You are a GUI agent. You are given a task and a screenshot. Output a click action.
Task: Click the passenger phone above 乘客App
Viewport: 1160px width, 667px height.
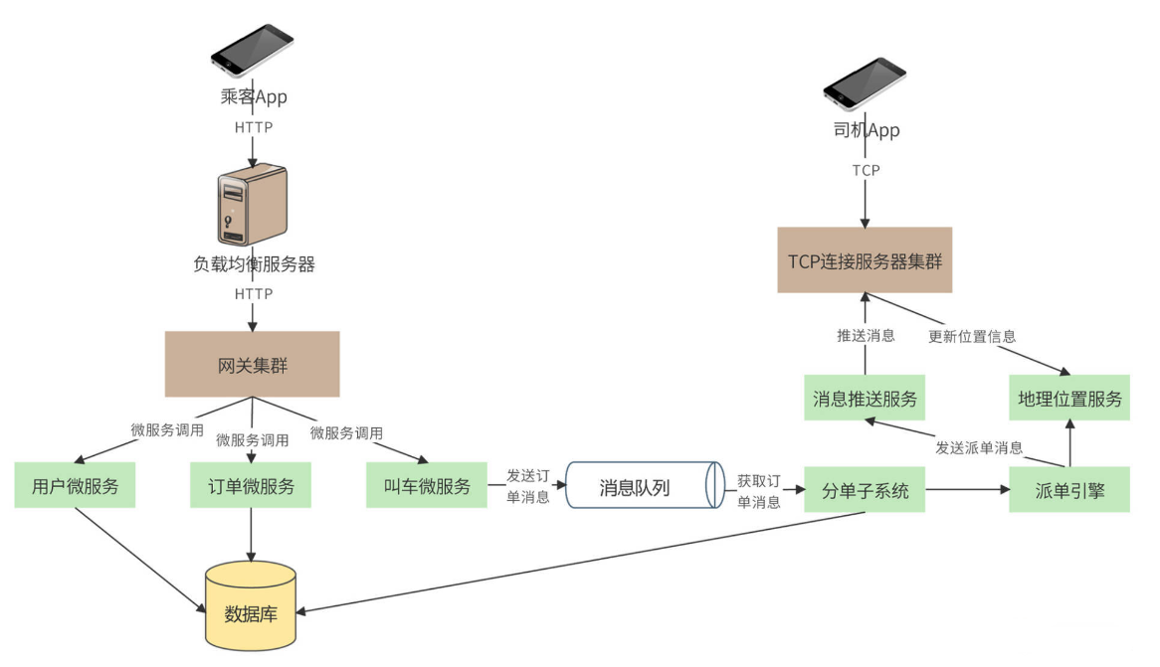point(253,49)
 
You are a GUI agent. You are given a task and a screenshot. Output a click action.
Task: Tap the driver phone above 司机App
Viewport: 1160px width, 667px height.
point(865,82)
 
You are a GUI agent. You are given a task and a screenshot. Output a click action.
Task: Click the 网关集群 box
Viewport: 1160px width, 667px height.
point(252,364)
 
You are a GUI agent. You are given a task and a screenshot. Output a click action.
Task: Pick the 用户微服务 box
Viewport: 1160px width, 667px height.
point(75,486)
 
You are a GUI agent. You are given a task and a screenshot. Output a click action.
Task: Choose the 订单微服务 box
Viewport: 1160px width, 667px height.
point(251,486)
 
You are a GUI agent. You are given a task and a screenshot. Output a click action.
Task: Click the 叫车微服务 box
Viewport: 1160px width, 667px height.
point(426,486)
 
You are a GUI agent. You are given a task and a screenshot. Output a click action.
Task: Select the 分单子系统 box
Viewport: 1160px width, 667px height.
point(865,489)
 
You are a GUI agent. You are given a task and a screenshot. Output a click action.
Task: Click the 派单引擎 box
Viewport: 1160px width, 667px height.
point(1069,489)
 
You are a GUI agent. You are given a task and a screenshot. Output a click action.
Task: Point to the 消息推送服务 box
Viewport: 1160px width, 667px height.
point(865,399)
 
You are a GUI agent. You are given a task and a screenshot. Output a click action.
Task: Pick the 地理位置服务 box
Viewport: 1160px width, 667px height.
point(1069,399)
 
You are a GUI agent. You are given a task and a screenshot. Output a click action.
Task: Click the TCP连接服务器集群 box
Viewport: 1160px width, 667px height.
point(865,260)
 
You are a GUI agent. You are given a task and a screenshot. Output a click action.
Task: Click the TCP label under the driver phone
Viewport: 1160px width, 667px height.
point(866,170)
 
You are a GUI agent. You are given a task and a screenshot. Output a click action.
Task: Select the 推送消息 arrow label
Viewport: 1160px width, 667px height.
point(865,335)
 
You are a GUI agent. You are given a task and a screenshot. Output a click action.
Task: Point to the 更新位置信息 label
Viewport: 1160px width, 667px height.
point(972,336)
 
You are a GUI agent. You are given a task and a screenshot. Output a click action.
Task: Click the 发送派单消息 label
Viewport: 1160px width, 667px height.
point(979,447)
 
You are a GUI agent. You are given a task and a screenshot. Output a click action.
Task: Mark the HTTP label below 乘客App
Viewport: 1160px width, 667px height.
point(253,127)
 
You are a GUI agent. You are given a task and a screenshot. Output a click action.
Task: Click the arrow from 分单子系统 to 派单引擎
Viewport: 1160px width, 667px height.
point(965,489)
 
